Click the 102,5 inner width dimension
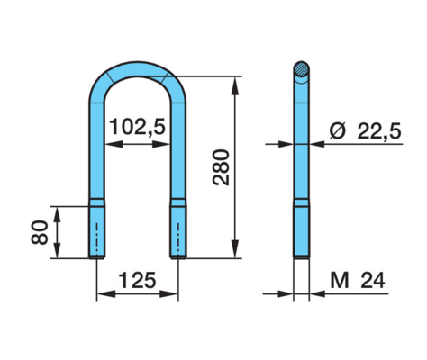click(x=137, y=127)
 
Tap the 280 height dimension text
click(x=221, y=167)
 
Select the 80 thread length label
click(x=40, y=232)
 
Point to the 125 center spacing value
click(x=138, y=280)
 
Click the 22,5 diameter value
click(x=379, y=131)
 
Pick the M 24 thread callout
click(x=358, y=281)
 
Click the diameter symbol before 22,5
click(x=338, y=131)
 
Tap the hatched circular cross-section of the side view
click(x=301, y=69)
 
